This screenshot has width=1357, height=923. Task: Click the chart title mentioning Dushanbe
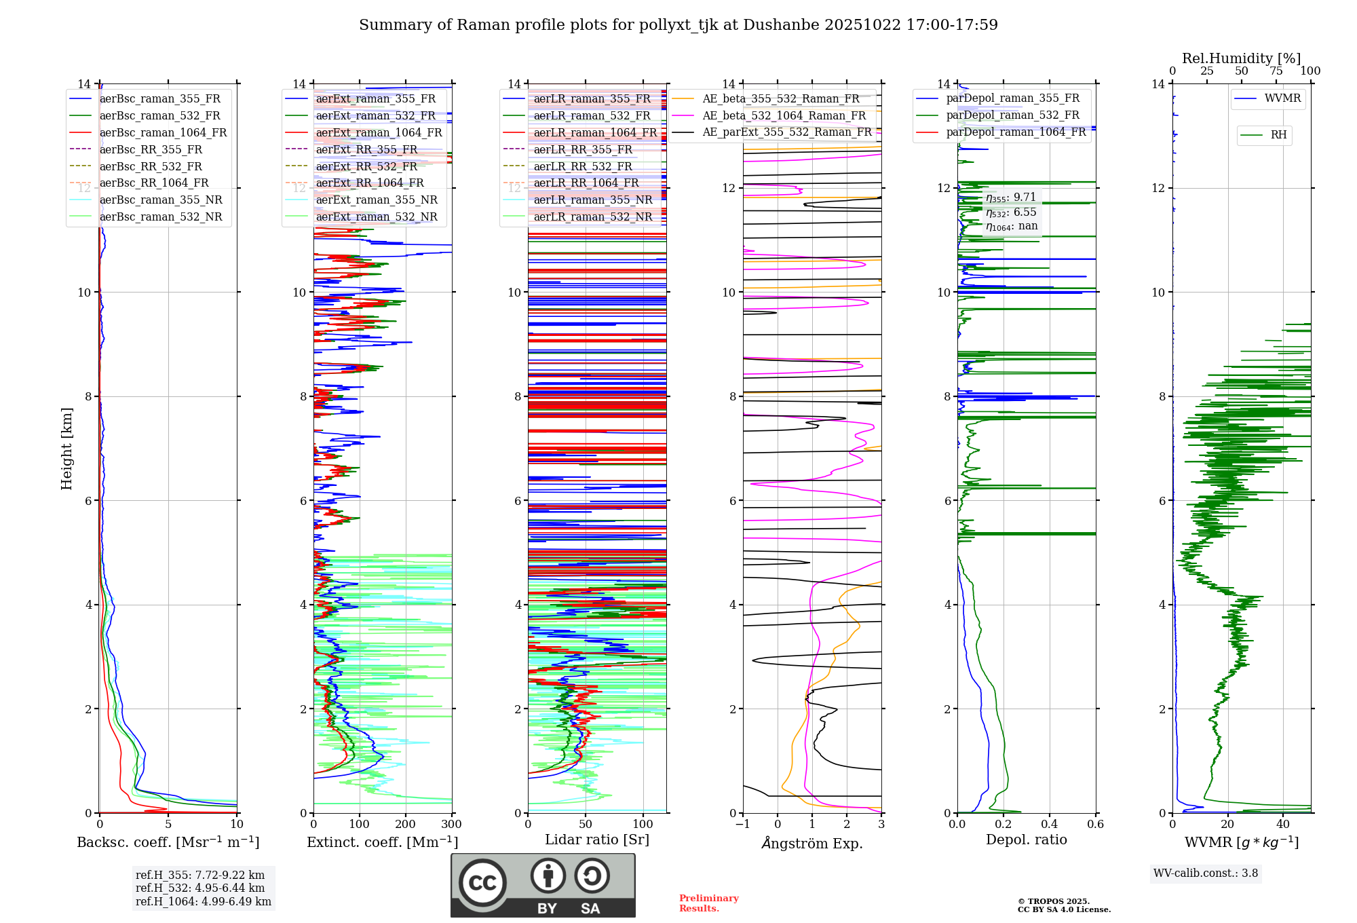[678, 25]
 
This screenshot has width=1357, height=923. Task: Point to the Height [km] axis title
[66, 449]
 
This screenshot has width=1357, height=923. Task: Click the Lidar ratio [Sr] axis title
[597, 840]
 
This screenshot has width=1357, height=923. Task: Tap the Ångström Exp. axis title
[812, 843]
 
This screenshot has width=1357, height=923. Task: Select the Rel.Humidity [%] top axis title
[1242, 58]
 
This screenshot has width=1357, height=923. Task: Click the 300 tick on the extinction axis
[451, 825]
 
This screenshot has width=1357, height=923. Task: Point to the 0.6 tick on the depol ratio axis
[1095, 825]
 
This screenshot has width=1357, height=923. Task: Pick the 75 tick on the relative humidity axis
[1276, 71]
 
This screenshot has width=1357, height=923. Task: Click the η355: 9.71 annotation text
[1011, 197]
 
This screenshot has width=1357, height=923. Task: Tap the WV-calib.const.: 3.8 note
[1206, 873]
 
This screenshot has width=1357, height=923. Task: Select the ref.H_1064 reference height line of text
[204, 902]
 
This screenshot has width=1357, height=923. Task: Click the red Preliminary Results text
[709, 903]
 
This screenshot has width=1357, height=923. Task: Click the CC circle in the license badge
[482, 883]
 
